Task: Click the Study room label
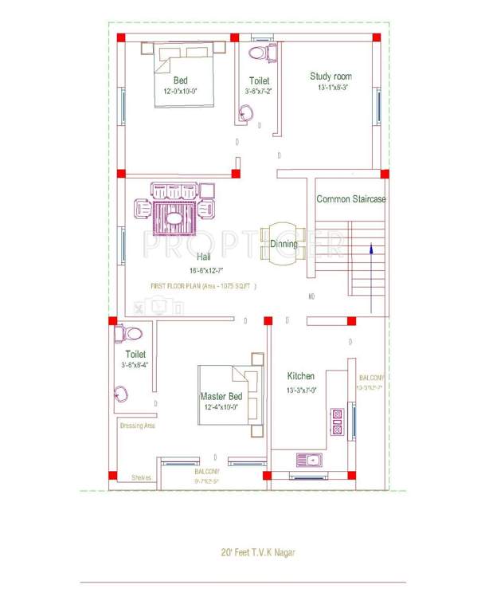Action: (331, 76)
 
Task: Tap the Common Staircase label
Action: (350, 199)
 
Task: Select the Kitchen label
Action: (301, 376)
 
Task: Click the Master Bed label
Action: (221, 396)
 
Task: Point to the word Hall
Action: (205, 257)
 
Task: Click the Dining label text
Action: (284, 244)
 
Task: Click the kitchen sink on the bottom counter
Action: (307, 460)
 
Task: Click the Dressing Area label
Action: (137, 426)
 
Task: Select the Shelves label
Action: (142, 478)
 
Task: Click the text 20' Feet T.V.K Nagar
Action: (260, 551)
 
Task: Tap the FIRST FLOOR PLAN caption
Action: (205, 285)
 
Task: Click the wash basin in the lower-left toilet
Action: (122, 392)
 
